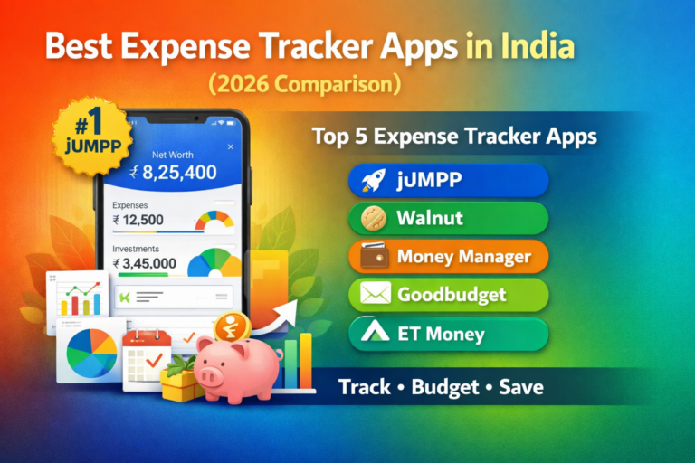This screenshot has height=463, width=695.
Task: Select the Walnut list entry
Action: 448,218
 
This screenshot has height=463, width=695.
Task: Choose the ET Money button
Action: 448,334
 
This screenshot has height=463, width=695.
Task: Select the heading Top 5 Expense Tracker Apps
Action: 453,137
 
